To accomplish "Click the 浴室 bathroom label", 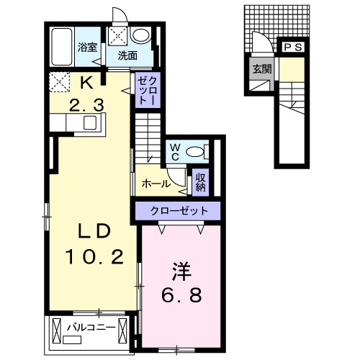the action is tap(87, 47).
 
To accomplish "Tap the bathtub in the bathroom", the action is tap(62, 47).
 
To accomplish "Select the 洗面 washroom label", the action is tap(127, 55).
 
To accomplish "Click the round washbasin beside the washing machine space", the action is tap(141, 35).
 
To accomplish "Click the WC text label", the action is tap(175, 152).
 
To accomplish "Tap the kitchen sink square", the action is tap(90, 122).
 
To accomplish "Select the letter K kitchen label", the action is tap(86, 83).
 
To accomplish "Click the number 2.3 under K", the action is tap(86, 106).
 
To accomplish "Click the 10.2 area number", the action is tap(94, 256).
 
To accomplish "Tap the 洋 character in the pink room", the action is tap(181, 271).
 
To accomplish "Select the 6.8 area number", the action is tap(181, 295).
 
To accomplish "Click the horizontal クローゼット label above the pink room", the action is tap(179, 211).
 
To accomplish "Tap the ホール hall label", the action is tap(156, 184).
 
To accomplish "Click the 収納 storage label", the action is tap(201, 182).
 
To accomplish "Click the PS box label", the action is tap(293, 48).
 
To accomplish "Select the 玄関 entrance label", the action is tap(262, 69).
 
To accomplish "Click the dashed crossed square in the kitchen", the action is tap(59, 82).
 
